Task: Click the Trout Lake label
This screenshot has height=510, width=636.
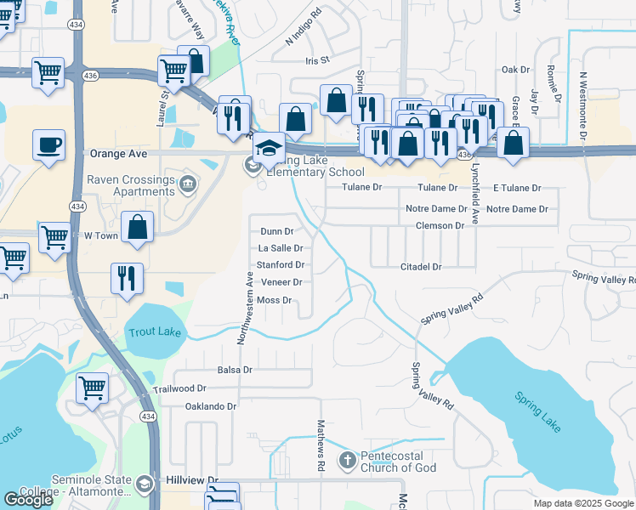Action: click(x=154, y=331)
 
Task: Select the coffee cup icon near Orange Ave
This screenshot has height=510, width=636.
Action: click(x=48, y=144)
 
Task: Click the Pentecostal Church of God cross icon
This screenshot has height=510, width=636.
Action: click(x=347, y=461)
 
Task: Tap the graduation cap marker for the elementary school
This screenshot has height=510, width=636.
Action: click(x=268, y=149)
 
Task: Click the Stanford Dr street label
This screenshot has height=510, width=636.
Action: click(x=281, y=265)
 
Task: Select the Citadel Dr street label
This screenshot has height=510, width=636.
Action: click(x=421, y=267)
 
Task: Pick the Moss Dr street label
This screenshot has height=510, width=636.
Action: click(x=274, y=300)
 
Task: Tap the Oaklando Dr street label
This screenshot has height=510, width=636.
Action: click(x=210, y=406)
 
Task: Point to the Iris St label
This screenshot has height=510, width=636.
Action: click(x=317, y=61)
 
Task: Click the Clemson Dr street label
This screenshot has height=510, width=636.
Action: click(x=440, y=226)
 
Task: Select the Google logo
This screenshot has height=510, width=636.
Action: click(x=28, y=500)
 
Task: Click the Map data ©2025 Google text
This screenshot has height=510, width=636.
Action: click(x=583, y=503)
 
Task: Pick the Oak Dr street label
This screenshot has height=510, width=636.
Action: click(x=515, y=70)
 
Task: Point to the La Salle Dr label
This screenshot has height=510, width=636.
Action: click(x=280, y=248)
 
